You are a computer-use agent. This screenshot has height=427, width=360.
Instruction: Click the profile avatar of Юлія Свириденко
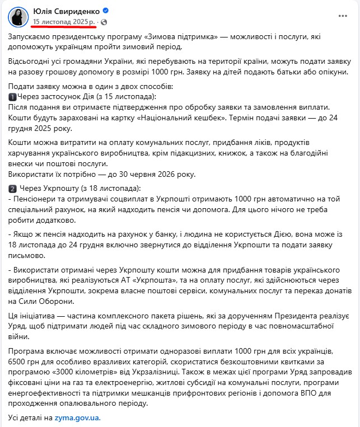[18, 16]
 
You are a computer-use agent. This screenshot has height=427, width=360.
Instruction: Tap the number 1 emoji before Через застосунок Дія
[12, 97]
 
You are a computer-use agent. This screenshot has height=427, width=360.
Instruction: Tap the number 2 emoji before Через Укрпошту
[12, 188]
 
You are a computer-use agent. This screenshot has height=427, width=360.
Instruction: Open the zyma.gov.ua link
[78, 417]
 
